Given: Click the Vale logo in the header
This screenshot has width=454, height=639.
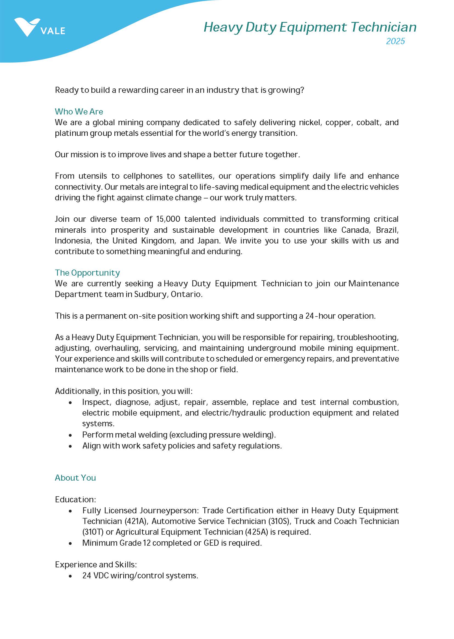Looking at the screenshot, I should pos(39,27).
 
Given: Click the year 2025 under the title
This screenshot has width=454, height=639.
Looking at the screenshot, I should pos(395,41).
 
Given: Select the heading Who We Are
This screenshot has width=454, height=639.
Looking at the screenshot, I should pos(79,112).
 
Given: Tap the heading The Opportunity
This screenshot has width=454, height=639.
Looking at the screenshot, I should pos(87,273).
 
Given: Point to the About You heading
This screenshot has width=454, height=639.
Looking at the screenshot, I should pos(75,478).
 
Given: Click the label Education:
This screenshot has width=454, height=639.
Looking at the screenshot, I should pos(75,500).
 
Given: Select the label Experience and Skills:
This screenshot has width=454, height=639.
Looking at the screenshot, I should pos(96,565).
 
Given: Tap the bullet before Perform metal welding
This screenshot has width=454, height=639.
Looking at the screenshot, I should pos(71,435).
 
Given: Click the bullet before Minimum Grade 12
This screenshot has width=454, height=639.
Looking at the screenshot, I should pos(71,543).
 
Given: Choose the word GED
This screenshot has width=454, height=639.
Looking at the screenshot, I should pos(211,543).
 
